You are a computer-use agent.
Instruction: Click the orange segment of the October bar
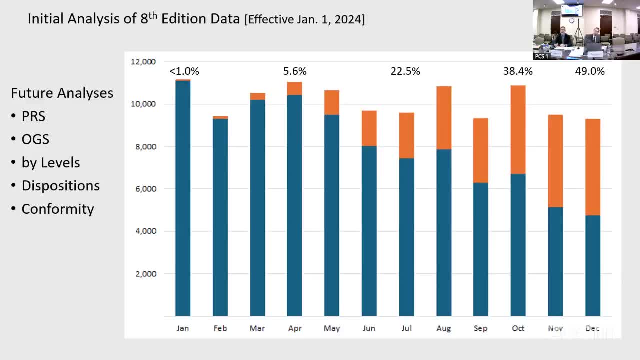click(518, 130)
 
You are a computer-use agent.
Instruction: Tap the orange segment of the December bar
click(592, 167)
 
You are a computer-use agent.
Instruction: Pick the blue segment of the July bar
click(406, 237)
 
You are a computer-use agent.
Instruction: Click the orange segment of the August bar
click(444, 118)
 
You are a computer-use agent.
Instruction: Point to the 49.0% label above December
click(590, 71)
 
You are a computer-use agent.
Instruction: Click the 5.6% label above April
click(295, 71)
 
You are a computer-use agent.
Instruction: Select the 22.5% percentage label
click(405, 71)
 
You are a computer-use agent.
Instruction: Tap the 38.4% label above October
click(518, 71)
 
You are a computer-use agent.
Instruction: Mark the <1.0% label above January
click(184, 71)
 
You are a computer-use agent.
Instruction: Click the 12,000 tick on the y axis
click(143, 62)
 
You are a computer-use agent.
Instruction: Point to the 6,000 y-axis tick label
click(145, 189)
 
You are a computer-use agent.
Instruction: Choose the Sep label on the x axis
click(481, 328)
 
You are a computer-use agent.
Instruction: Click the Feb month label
click(220, 328)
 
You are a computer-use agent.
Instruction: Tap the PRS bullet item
click(33, 116)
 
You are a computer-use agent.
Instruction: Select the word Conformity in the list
click(58, 209)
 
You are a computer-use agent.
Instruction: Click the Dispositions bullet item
click(61, 186)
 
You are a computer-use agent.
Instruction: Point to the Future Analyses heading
click(62, 93)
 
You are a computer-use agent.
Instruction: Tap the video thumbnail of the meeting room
click(586, 30)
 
